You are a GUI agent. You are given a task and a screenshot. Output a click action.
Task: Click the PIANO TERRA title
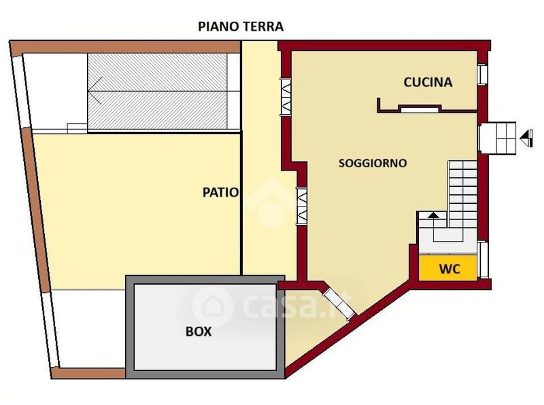(241, 27)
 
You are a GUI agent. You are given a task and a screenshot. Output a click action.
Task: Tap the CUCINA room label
(428, 82)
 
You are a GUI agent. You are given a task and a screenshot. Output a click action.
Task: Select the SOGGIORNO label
(373, 163)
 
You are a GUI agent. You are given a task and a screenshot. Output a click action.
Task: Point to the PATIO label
(220, 192)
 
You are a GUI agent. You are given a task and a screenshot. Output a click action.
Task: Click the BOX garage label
(199, 332)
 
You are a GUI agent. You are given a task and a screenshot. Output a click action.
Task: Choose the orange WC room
(447, 268)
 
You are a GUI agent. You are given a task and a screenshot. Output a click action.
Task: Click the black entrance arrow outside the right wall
(526, 138)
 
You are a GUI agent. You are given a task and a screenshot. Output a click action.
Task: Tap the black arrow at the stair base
(433, 215)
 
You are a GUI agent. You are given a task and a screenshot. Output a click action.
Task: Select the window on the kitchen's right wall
(482, 74)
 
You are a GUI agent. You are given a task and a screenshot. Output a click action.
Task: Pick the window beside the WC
(483, 260)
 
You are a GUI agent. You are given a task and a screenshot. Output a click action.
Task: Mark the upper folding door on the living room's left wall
(286, 96)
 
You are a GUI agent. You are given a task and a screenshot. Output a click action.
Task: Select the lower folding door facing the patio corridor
(301, 206)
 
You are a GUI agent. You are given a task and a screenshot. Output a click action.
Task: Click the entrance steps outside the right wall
(497, 138)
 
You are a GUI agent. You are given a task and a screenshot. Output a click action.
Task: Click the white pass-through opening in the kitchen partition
(420, 109)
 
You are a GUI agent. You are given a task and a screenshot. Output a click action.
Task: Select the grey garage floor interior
(205, 327)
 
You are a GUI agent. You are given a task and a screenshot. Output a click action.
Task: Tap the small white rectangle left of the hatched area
(77, 128)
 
